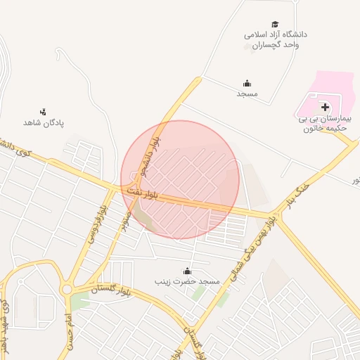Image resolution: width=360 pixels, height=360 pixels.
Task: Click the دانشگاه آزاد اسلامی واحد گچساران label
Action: click(x=276, y=39)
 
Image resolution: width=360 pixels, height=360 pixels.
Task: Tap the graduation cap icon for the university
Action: click(x=275, y=24)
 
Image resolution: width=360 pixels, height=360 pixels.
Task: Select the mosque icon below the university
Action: click(x=247, y=83)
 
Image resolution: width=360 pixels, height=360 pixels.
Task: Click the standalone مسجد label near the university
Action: click(x=247, y=94)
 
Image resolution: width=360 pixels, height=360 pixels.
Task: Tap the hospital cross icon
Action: click(x=324, y=107)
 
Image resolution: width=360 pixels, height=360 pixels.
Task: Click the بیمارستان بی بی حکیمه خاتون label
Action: click(x=324, y=124)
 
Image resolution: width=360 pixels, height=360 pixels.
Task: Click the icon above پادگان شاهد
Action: click(x=44, y=111)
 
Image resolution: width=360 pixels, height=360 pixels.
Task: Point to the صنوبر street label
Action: click(x=124, y=220)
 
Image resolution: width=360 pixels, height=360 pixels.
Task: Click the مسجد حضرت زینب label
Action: click(x=188, y=281)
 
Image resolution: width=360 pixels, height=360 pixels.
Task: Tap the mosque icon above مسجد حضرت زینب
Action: click(x=188, y=271)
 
